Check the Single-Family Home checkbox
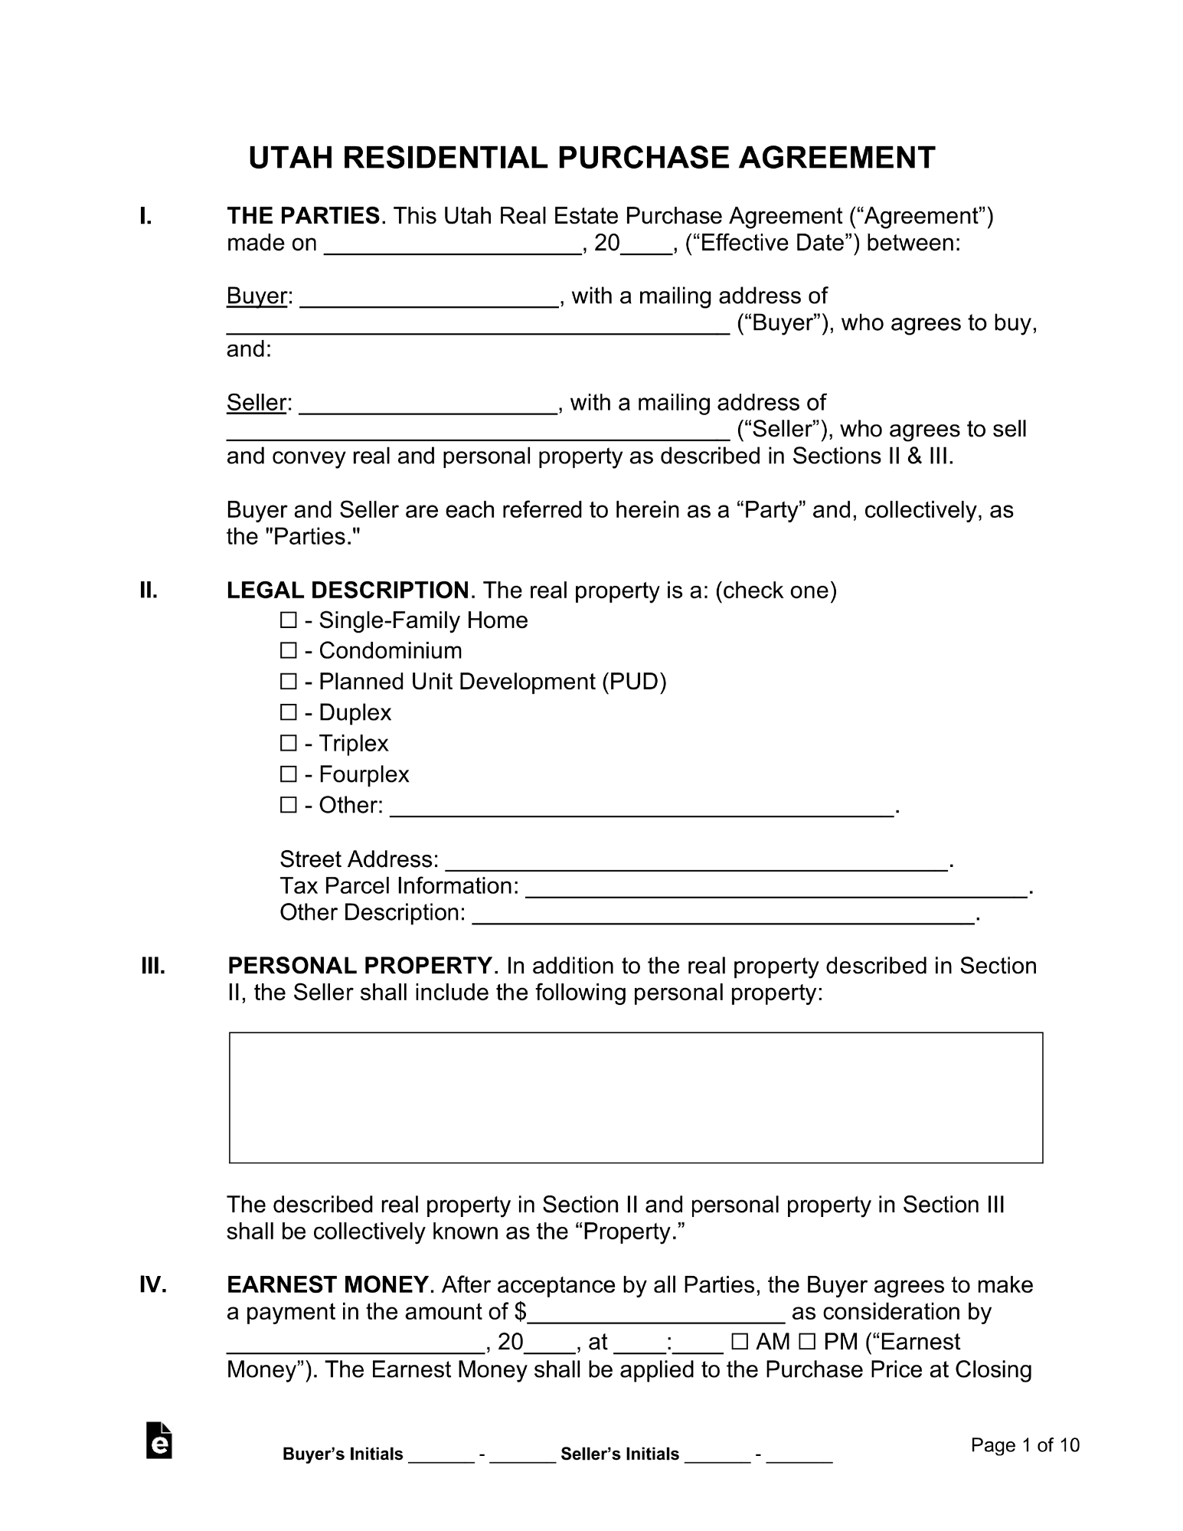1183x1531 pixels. click(x=288, y=620)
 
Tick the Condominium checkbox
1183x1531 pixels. click(x=288, y=650)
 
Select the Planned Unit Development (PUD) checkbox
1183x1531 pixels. click(x=288, y=681)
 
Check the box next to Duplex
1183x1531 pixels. click(x=288, y=712)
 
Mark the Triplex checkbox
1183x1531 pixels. click(x=288, y=743)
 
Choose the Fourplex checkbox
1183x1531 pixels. click(x=288, y=774)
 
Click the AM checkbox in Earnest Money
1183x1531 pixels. click(x=740, y=1342)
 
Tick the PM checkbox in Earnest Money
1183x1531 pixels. click(x=807, y=1342)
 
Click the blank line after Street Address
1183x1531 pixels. click(x=696, y=862)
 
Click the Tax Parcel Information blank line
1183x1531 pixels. click(x=776, y=889)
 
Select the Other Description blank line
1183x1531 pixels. click(x=723, y=916)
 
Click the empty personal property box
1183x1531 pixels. click(x=636, y=1097)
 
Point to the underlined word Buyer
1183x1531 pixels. click(x=257, y=296)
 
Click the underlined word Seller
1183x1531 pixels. click(x=257, y=403)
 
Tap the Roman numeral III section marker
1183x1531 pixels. click(x=153, y=967)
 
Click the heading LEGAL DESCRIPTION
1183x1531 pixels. click(x=348, y=590)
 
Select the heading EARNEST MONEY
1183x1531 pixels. click(x=328, y=1284)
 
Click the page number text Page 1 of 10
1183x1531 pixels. click(x=1025, y=1445)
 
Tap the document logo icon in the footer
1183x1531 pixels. click(x=158, y=1441)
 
